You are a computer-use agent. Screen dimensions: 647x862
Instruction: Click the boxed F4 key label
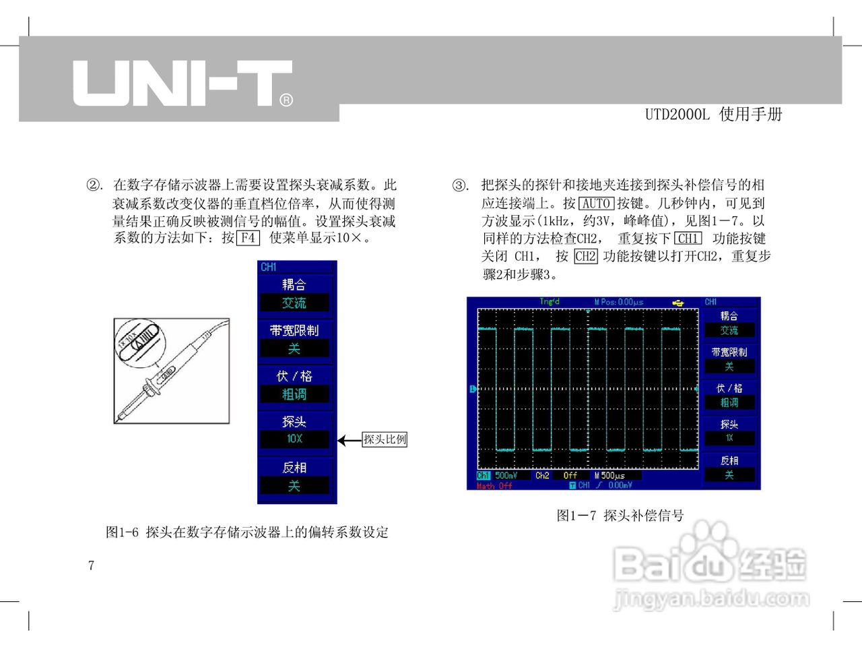click(x=248, y=238)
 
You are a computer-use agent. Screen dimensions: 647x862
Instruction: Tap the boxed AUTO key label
click(x=596, y=204)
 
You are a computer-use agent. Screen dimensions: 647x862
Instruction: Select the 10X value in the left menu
click(x=295, y=439)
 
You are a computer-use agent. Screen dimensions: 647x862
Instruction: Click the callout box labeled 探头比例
click(x=385, y=439)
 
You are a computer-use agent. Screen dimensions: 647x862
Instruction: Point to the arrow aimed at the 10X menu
click(x=349, y=441)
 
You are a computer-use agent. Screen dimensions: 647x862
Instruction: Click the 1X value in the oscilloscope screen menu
click(x=729, y=438)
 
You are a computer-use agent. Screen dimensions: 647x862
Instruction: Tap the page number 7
click(x=91, y=565)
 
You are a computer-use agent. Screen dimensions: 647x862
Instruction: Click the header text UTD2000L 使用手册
click(x=713, y=115)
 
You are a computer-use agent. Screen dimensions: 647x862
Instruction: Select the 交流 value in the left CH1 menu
click(x=294, y=303)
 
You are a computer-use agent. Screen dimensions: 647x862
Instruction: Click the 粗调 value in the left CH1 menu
click(x=294, y=394)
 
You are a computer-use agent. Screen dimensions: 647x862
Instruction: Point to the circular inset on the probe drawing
click(x=137, y=341)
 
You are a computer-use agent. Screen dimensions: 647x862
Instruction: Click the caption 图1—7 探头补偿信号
click(x=620, y=516)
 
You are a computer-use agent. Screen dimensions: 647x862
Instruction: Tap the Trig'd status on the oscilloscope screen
click(x=550, y=302)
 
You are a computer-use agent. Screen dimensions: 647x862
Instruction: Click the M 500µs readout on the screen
click(x=609, y=476)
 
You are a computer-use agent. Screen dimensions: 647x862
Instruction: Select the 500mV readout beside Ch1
click(x=506, y=476)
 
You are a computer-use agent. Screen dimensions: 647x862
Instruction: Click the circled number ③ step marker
click(x=460, y=185)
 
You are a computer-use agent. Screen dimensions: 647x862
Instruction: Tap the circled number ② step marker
click(x=95, y=185)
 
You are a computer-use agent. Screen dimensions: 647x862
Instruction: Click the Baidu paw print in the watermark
click(x=704, y=549)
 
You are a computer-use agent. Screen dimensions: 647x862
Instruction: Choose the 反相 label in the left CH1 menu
click(x=294, y=467)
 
